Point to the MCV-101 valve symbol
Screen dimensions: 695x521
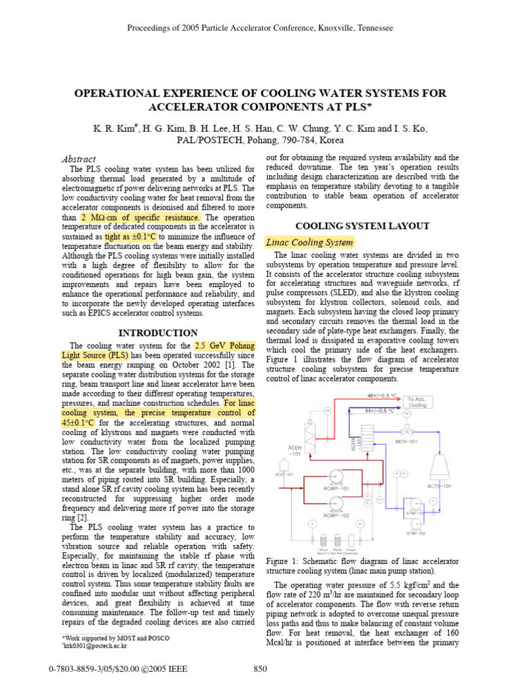pyautogui.click(x=406, y=432)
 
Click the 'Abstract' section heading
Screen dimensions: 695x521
pyautogui.click(x=79, y=159)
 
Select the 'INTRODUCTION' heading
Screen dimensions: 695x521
pyautogui.click(x=158, y=333)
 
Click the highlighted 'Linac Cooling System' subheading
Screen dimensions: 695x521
pyautogui.click(x=309, y=242)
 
